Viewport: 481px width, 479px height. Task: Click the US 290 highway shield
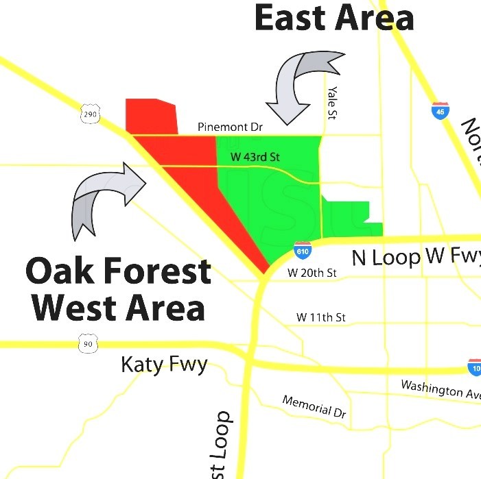(89, 114)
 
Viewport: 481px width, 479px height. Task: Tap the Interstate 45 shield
(440, 110)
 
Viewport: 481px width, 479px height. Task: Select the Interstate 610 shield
(302, 251)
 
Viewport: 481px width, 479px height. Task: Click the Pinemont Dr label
(230, 127)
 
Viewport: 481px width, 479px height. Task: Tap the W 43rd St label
(255, 157)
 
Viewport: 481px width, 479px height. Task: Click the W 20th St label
(312, 273)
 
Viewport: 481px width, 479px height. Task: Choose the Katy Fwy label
(164, 364)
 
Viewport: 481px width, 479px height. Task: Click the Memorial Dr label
(314, 407)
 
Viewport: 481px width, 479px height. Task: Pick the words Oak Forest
(118, 271)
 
